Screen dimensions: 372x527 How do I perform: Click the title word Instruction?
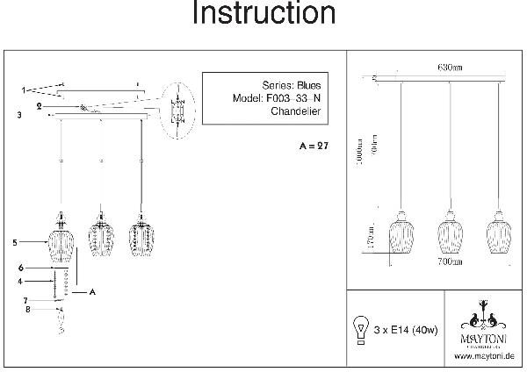(263, 15)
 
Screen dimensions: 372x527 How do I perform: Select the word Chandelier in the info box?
(290, 113)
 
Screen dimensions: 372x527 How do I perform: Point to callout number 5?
(15, 240)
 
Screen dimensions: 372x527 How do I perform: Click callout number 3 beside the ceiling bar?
(18, 114)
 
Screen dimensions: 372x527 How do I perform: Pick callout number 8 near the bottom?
(28, 309)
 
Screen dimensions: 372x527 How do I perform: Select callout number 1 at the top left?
(24, 89)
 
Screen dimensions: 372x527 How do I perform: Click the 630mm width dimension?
(451, 68)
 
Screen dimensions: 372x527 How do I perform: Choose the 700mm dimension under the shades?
(450, 261)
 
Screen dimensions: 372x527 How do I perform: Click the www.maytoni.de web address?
(482, 357)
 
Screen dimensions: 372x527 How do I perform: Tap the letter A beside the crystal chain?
(90, 291)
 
